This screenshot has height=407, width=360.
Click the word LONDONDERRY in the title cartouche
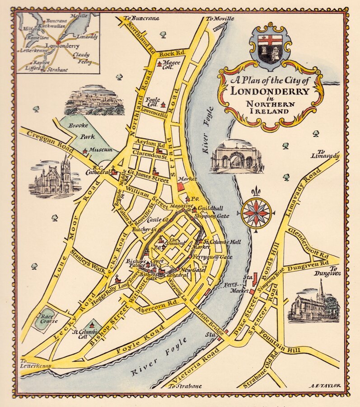click(270, 90)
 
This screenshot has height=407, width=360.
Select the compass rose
click(256, 213)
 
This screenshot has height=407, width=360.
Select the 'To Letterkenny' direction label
click(36, 363)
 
